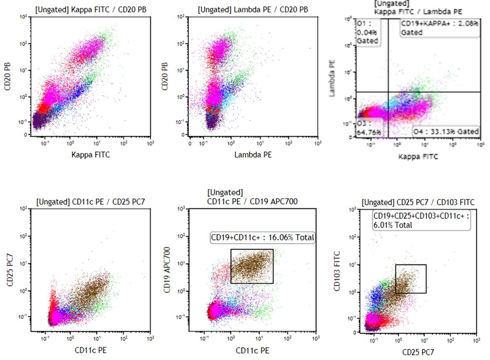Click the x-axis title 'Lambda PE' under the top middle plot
[253, 155]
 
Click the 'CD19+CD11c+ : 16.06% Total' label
[263, 238]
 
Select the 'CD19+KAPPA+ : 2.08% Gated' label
[439, 28]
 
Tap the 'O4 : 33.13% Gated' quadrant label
[446, 132]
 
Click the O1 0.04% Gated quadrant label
[368, 32]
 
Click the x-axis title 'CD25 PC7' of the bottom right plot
[418, 353]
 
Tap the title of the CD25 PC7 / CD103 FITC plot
[418, 202]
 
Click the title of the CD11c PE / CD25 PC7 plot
[91, 202]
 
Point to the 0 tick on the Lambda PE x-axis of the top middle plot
[190, 143]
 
